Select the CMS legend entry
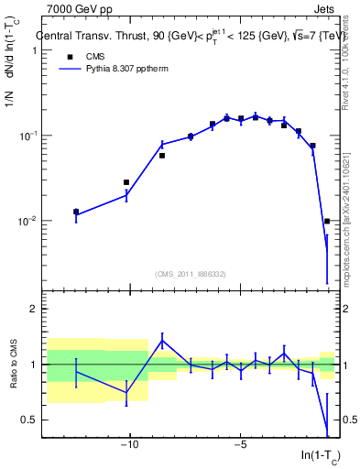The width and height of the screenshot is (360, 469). pos(82,57)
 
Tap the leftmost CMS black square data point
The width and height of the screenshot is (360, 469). pos(76,212)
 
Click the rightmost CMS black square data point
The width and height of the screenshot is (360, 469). pos(327,221)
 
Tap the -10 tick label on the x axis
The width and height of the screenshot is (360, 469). pos(130,445)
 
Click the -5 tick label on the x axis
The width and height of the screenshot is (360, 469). pos(240,445)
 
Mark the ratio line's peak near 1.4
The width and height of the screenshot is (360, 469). pos(162,341)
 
